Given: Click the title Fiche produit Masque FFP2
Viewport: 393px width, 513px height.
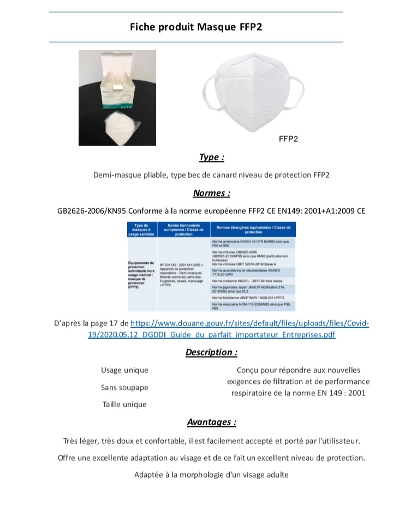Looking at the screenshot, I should coord(196,27).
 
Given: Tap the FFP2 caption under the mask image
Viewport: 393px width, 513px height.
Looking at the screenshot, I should coord(288,139).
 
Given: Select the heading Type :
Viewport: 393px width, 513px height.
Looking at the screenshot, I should coord(212,158).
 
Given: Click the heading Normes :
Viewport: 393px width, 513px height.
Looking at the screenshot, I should coord(212,193).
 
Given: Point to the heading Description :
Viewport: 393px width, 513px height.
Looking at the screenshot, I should coord(211,352).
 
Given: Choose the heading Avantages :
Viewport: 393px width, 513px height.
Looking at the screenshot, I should coord(212,422).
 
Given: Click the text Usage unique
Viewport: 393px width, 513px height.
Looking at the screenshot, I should coord(124,370).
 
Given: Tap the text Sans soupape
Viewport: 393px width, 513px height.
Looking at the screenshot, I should coord(124,388).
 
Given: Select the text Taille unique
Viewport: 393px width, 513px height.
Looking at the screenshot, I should coord(124,405).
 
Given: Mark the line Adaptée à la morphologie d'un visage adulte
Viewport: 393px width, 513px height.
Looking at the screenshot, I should coord(211,475).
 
